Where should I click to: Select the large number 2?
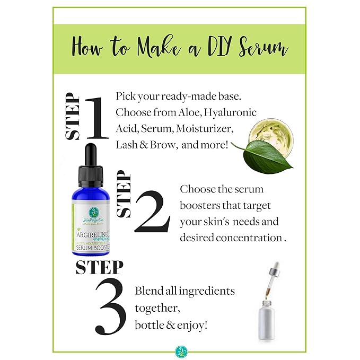pos(152,212)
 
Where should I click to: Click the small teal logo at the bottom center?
pos(179,350)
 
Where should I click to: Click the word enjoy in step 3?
pos(190,324)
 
